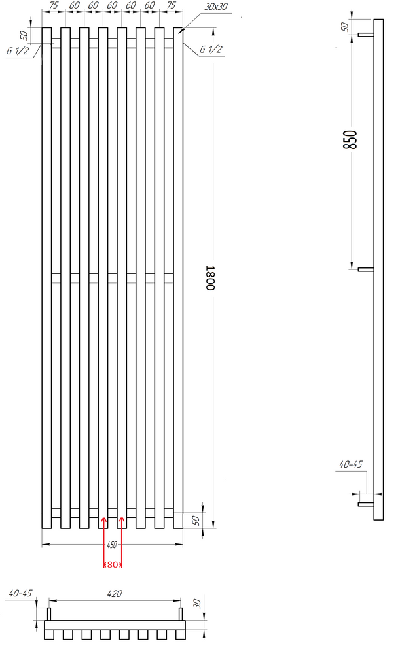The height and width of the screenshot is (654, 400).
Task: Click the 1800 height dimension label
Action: [210, 278]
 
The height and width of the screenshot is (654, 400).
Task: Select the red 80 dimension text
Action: [113, 565]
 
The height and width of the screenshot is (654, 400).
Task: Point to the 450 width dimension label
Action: [112, 544]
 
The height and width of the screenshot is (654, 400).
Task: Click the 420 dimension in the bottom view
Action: [115, 594]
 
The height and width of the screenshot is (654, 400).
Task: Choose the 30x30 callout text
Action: [216, 7]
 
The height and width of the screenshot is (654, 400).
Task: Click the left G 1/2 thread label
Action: [18, 51]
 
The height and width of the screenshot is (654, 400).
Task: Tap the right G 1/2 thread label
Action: [211, 49]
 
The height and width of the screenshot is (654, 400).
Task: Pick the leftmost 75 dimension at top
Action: [54, 5]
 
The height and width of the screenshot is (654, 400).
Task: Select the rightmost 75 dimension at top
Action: [171, 5]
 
